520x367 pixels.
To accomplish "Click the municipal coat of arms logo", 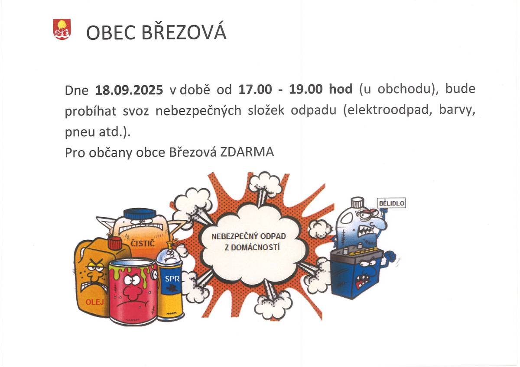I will pyautogui.click(x=62, y=29).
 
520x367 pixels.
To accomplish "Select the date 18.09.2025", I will pyautogui.click(x=129, y=90).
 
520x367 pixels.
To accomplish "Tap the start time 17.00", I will pyautogui.click(x=255, y=90).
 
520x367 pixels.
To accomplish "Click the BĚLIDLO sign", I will pyautogui.click(x=392, y=203).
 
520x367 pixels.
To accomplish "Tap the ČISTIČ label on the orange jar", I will pyautogui.click(x=143, y=245).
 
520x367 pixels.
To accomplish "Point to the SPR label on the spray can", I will pyautogui.click(x=172, y=279).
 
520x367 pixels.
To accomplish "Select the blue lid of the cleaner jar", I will pyautogui.click(x=140, y=213).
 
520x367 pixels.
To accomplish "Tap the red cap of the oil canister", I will pyautogui.click(x=115, y=244).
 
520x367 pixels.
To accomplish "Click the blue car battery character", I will pyautogui.click(x=357, y=273).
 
